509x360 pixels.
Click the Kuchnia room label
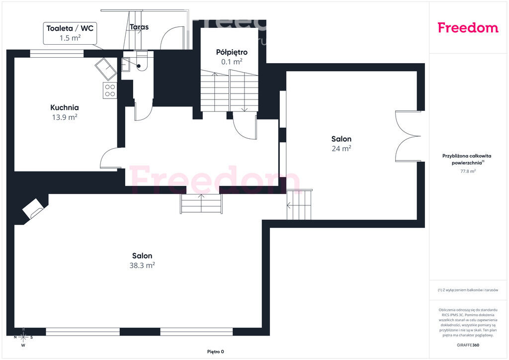coord(64,107)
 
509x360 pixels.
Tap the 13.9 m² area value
coord(65,117)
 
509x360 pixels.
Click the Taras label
coord(139,27)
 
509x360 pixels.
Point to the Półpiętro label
coord(232,52)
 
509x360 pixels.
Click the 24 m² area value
coord(341,148)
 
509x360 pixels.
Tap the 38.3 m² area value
coord(142,265)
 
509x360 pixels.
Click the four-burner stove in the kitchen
coord(110,90)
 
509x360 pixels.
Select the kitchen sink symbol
coord(106,69)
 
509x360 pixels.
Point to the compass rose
coord(23,338)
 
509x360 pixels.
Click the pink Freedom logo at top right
coord(468,27)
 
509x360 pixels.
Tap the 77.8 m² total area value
coord(468,171)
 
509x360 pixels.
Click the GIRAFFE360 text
coord(468,345)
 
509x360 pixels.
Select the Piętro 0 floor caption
coord(216,352)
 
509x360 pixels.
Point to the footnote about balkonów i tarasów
coord(468,290)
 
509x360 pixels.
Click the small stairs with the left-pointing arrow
coord(299,205)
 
